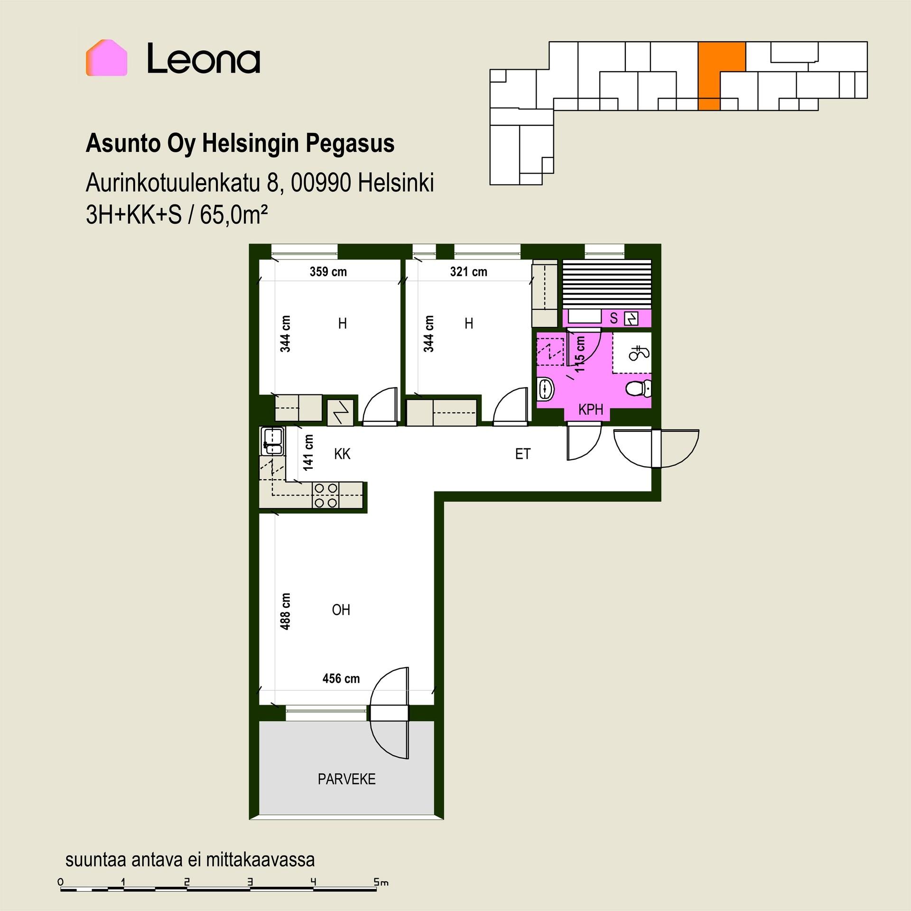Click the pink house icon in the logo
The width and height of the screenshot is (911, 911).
click(106, 58)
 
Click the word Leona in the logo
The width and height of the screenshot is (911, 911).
click(204, 59)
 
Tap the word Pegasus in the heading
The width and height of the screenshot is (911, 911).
click(350, 144)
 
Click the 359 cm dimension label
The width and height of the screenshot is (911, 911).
click(328, 272)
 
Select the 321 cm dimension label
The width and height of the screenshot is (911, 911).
click(468, 272)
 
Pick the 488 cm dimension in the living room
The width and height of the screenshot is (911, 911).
click(285, 611)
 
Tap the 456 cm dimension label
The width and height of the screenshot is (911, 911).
click(341, 679)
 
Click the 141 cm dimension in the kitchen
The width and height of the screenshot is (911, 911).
click(309, 453)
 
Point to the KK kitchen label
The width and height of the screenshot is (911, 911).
click(342, 454)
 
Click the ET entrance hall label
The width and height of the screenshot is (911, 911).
click(522, 454)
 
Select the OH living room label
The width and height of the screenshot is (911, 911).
click(341, 610)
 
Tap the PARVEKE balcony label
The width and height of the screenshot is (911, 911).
click(347, 779)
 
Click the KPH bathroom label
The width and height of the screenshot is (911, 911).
click(591, 409)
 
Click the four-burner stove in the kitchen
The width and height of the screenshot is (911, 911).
click(326, 495)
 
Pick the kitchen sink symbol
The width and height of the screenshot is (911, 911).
click(273, 441)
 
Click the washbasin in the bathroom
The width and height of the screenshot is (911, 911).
click(546, 389)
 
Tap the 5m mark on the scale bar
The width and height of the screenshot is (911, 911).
click(381, 883)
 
